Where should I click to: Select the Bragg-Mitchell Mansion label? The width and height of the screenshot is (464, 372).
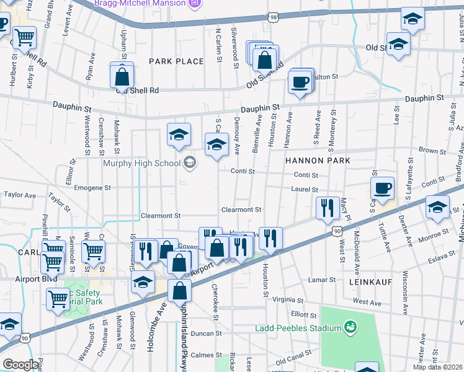(140, 3)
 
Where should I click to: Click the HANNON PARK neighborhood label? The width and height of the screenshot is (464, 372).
(318, 160)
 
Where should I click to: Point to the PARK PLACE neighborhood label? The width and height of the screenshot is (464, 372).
(176, 61)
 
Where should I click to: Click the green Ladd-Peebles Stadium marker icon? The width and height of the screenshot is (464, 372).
(350, 327)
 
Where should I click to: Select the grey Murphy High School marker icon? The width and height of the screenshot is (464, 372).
(190, 164)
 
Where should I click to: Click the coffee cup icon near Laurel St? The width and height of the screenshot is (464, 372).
(383, 187)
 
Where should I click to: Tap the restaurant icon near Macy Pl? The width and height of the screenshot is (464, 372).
(327, 208)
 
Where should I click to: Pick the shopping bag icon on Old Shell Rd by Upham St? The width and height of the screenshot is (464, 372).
(122, 77)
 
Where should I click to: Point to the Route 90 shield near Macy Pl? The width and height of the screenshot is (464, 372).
(336, 231)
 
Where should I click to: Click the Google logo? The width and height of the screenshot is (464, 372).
(20, 365)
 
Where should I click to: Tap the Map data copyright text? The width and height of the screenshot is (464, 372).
(438, 367)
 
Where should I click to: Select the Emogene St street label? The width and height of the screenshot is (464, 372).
(92, 187)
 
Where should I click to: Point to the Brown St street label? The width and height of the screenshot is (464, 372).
(429, 150)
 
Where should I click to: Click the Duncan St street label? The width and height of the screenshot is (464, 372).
(206, 334)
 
